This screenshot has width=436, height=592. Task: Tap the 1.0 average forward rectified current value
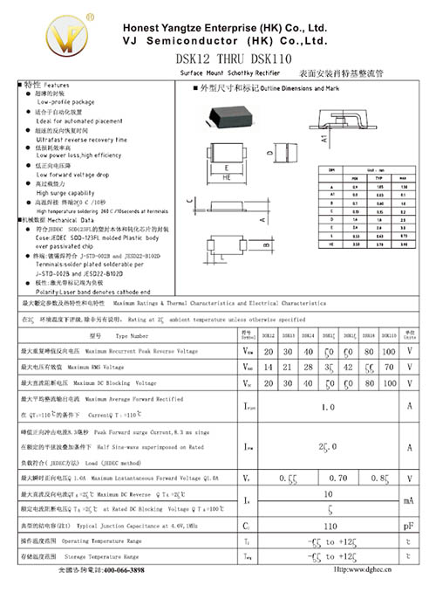pos(328,407)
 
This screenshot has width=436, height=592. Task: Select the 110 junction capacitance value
pos(329,527)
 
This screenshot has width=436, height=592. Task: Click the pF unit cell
pos(408,527)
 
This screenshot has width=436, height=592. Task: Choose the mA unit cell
pos(408,501)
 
